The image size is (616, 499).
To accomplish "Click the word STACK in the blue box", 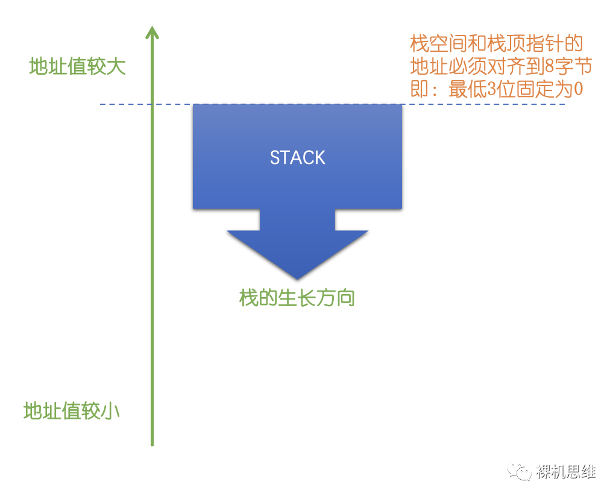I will [x=297, y=158].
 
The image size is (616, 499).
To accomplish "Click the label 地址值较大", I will [x=77, y=66].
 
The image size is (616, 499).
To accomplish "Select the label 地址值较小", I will [x=72, y=411].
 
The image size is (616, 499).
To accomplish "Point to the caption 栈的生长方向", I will [x=297, y=298].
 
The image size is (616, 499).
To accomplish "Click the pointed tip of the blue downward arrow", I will [x=297, y=278].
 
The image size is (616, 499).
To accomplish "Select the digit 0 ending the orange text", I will [x=577, y=89].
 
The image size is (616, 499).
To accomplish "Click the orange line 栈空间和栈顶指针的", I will [x=497, y=44].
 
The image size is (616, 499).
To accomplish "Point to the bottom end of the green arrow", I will [x=152, y=444].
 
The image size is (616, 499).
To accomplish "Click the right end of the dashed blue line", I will [x=564, y=105].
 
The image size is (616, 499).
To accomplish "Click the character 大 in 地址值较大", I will [x=116, y=66].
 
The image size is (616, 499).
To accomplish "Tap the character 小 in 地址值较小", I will [x=110, y=411].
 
